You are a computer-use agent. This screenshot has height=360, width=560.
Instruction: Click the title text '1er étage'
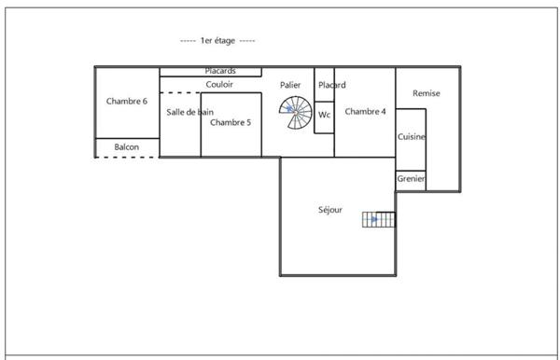point(217,41)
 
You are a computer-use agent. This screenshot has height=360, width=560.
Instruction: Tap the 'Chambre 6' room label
point(126,102)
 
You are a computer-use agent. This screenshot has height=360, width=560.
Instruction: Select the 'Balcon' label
point(127,147)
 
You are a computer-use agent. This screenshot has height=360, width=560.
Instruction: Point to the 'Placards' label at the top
point(220,71)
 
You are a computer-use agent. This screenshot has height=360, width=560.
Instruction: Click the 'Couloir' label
point(219,84)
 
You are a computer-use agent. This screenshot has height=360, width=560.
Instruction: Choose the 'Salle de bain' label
point(190,112)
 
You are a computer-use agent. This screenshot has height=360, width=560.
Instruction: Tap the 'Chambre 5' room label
point(230,122)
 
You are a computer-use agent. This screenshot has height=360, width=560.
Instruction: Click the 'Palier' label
point(290,84)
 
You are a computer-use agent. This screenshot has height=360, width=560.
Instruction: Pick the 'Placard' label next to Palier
point(331,85)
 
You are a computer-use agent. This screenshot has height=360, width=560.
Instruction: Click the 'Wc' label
point(324,115)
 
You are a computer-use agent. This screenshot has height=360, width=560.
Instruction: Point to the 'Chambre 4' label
point(365,112)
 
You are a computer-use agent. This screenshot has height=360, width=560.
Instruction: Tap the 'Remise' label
point(427,93)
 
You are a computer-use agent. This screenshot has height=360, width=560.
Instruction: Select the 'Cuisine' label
point(412,137)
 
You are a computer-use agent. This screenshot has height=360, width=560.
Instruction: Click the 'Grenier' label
point(411,179)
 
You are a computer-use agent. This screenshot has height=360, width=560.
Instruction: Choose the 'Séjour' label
point(329,210)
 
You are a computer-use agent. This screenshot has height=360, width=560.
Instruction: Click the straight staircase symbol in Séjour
point(379,220)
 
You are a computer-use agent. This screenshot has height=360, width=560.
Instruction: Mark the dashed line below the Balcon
point(126,158)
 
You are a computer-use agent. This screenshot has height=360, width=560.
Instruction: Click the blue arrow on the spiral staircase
point(291,109)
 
